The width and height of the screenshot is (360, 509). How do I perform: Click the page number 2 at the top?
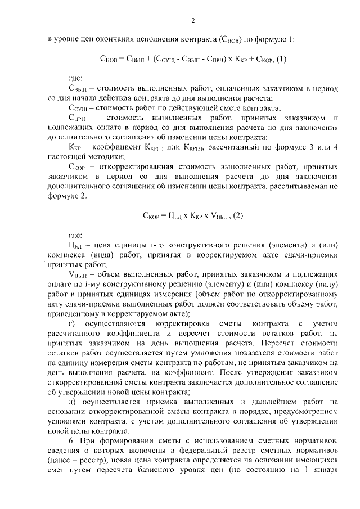tap(192, 21)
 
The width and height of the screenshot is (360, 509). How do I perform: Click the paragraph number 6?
tap(70, 444)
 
